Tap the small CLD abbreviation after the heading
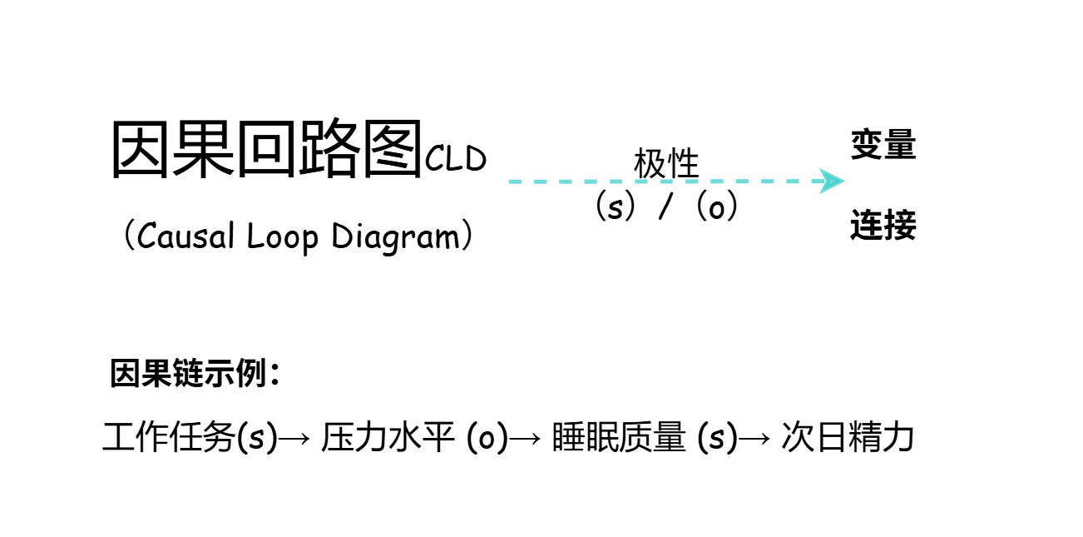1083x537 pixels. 456,158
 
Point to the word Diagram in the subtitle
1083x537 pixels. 396,236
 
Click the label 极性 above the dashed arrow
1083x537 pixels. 666,163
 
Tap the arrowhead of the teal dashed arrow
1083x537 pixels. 832,181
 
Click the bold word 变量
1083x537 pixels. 883,145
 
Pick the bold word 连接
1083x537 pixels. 883,226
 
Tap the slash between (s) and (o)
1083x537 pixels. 665,207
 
